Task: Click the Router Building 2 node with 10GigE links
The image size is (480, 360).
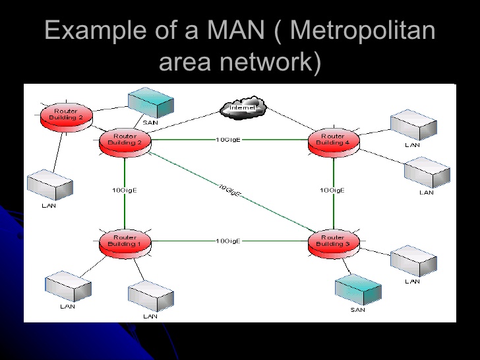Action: [x=125, y=140]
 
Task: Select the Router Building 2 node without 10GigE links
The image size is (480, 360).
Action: [x=65, y=115]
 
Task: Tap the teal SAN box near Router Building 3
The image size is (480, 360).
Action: [x=359, y=289]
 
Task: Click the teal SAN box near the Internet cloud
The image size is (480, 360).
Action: [x=150, y=102]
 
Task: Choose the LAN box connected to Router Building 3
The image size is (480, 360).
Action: [x=413, y=262]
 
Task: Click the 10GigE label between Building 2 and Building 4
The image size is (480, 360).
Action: [x=228, y=140]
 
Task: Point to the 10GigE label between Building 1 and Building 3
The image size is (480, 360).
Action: [x=228, y=241]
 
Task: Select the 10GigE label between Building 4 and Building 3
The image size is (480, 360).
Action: [x=332, y=190]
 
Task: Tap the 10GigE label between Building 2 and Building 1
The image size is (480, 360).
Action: [x=124, y=190]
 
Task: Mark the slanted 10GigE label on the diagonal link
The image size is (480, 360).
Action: [x=230, y=191]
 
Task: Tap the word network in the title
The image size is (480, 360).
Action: [x=266, y=63]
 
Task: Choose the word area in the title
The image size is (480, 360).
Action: [x=186, y=63]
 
